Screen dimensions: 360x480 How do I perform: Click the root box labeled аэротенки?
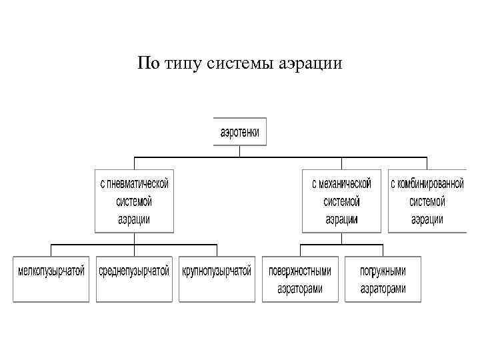pos(240,132)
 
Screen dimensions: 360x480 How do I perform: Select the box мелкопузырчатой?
pos(51,279)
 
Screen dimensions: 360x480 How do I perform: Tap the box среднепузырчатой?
pos(134,279)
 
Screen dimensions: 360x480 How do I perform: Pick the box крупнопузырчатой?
pos(217,279)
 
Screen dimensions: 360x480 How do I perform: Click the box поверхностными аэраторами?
pos(299,279)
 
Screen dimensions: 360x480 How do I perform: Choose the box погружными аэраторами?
pos(383,279)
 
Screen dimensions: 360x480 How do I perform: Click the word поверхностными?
pos(299,271)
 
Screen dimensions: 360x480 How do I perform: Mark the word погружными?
pos(383,271)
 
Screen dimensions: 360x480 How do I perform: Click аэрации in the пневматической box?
pos(134,219)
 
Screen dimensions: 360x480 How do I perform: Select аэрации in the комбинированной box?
pos(427,219)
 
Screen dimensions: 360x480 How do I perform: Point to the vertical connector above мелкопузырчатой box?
pos(51,250)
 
